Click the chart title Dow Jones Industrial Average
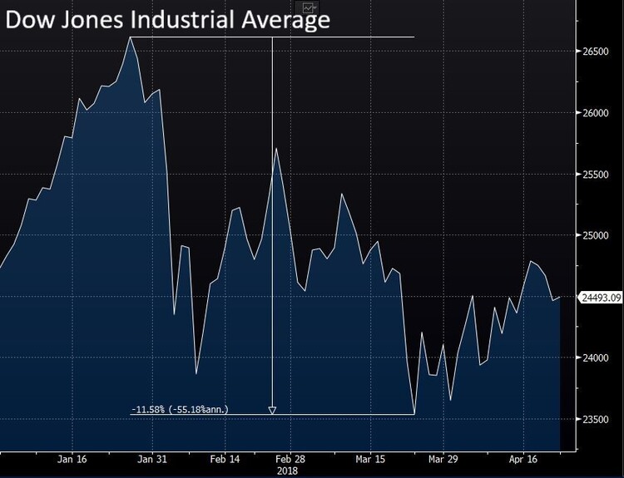(x=167, y=19)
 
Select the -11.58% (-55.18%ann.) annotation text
(x=181, y=410)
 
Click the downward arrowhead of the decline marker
(x=272, y=410)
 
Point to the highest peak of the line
(x=131, y=37)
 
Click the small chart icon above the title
(x=310, y=7)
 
